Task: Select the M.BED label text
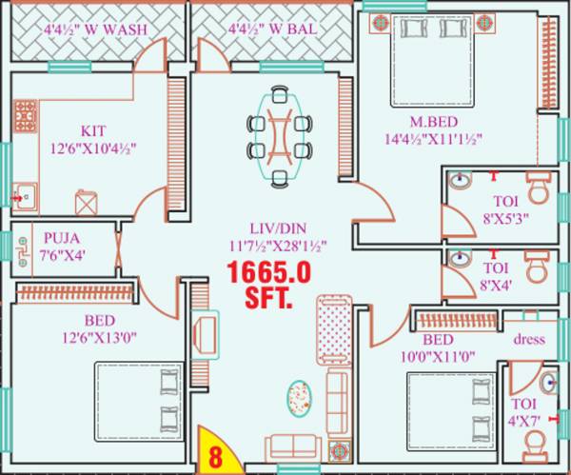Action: click(431, 122)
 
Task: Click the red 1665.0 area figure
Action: click(268, 273)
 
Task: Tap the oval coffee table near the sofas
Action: click(300, 397)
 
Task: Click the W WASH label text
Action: click(95, 30)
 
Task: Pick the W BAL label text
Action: click(274, 30)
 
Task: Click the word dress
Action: click(528, 339)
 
